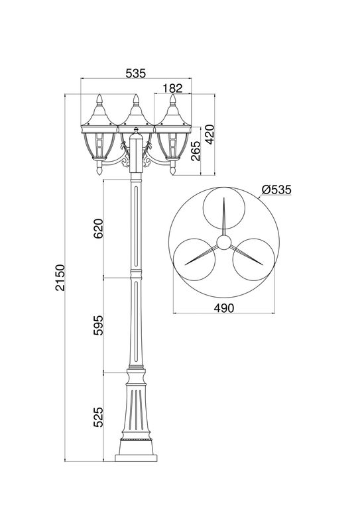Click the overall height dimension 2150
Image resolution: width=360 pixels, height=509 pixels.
pos(60,278)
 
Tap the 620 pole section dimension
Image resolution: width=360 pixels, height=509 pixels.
pos(98,229)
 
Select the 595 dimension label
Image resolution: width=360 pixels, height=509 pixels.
pos(98,325)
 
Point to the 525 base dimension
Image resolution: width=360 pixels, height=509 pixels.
pos(98,417)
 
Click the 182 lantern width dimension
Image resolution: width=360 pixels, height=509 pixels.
pos(172,88)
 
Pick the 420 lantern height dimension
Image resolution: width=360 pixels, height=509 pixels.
pos(210,134)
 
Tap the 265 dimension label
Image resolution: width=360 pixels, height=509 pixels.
pos(196,151)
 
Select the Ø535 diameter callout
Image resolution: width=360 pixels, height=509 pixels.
pos(276,190)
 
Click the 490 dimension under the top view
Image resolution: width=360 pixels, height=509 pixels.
pos(224,308)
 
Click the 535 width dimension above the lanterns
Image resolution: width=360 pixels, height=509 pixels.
pos(136,74)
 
